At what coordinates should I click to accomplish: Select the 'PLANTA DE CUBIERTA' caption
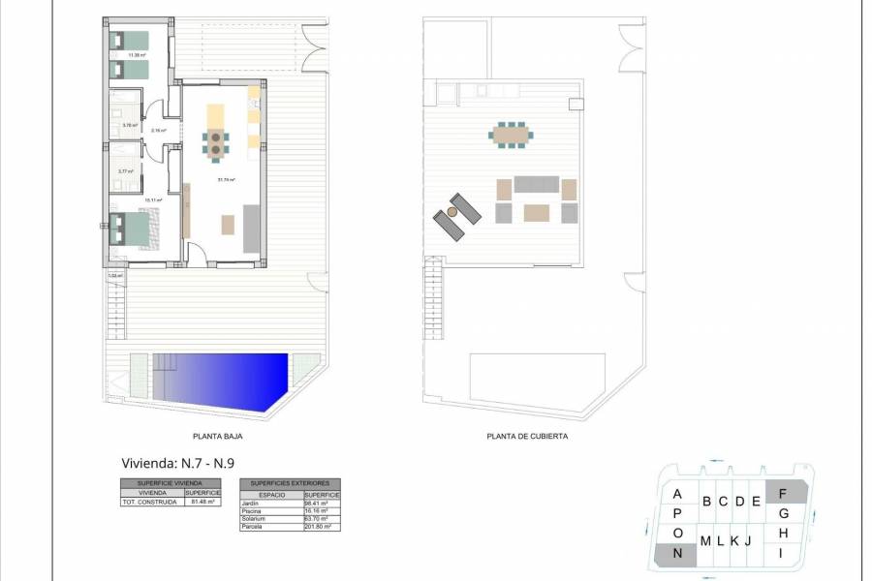click(527, 437)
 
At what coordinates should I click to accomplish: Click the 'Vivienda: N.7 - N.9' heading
click(177, 462)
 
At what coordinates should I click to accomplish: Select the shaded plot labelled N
click(677, 554)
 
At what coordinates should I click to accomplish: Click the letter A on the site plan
click(677, 494)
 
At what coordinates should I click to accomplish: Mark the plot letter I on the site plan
click(781, 553)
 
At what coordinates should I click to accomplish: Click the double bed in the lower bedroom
click(133, 229)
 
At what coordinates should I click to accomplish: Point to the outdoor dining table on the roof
click(510, 135)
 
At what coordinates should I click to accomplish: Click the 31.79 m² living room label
click(227, 180)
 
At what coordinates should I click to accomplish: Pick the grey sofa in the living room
click(250, 228)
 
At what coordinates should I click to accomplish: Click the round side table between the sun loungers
click(452, 212)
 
